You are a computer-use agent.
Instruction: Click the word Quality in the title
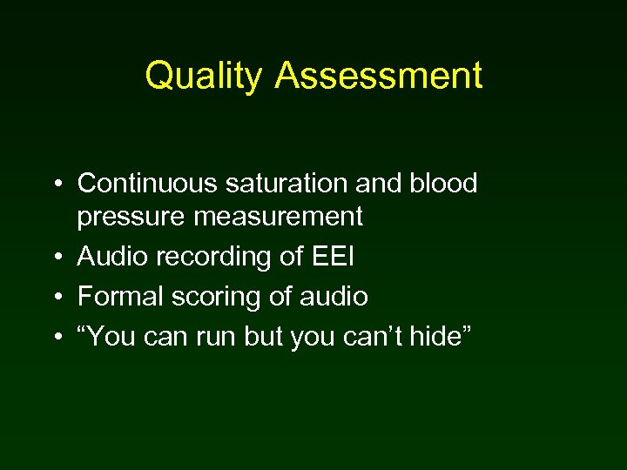203,76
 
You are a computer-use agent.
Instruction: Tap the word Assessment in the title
379,76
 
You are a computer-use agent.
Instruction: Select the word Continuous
145,184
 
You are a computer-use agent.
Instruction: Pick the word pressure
131,218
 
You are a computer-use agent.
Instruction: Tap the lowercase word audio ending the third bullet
333,297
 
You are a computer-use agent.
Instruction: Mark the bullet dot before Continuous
55,185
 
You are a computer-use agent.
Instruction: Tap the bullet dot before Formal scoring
55,298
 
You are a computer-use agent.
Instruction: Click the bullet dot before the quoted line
55,337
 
